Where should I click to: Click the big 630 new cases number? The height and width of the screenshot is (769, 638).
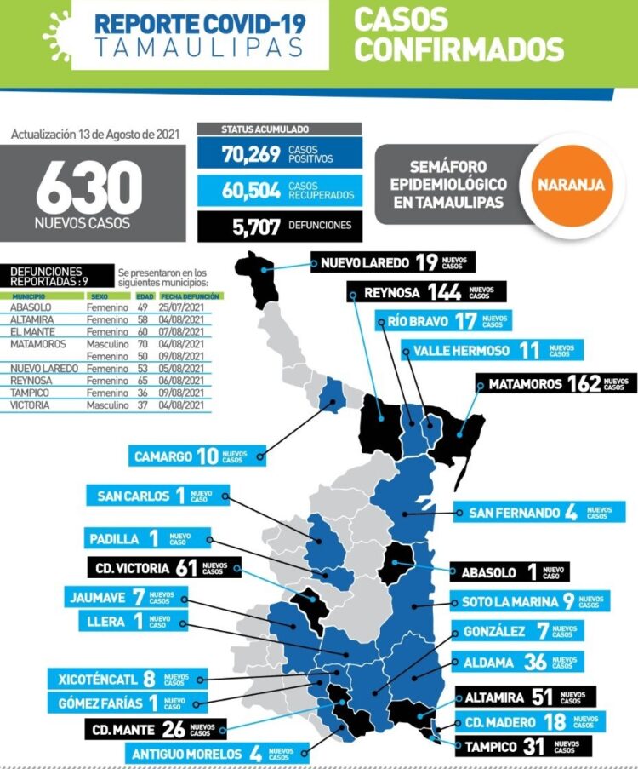(x=88, y=187)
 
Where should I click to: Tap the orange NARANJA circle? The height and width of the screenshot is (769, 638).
(x=570, y=183)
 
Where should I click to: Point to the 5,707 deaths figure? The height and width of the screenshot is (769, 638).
(x=251, y=226)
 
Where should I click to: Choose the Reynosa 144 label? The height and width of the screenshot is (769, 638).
(x=426, y=292)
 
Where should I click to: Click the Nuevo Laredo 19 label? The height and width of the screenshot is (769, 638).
(x=392, y=262)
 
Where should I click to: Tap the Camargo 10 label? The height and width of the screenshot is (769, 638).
(x=191, y=456)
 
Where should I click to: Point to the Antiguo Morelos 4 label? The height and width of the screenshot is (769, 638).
(x=211, y=753)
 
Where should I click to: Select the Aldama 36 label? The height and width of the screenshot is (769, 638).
(x=518, y=662)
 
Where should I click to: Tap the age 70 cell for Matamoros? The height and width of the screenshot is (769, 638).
(x=143, y=344)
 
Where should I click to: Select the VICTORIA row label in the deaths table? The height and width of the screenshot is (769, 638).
(x=29, y=405)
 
